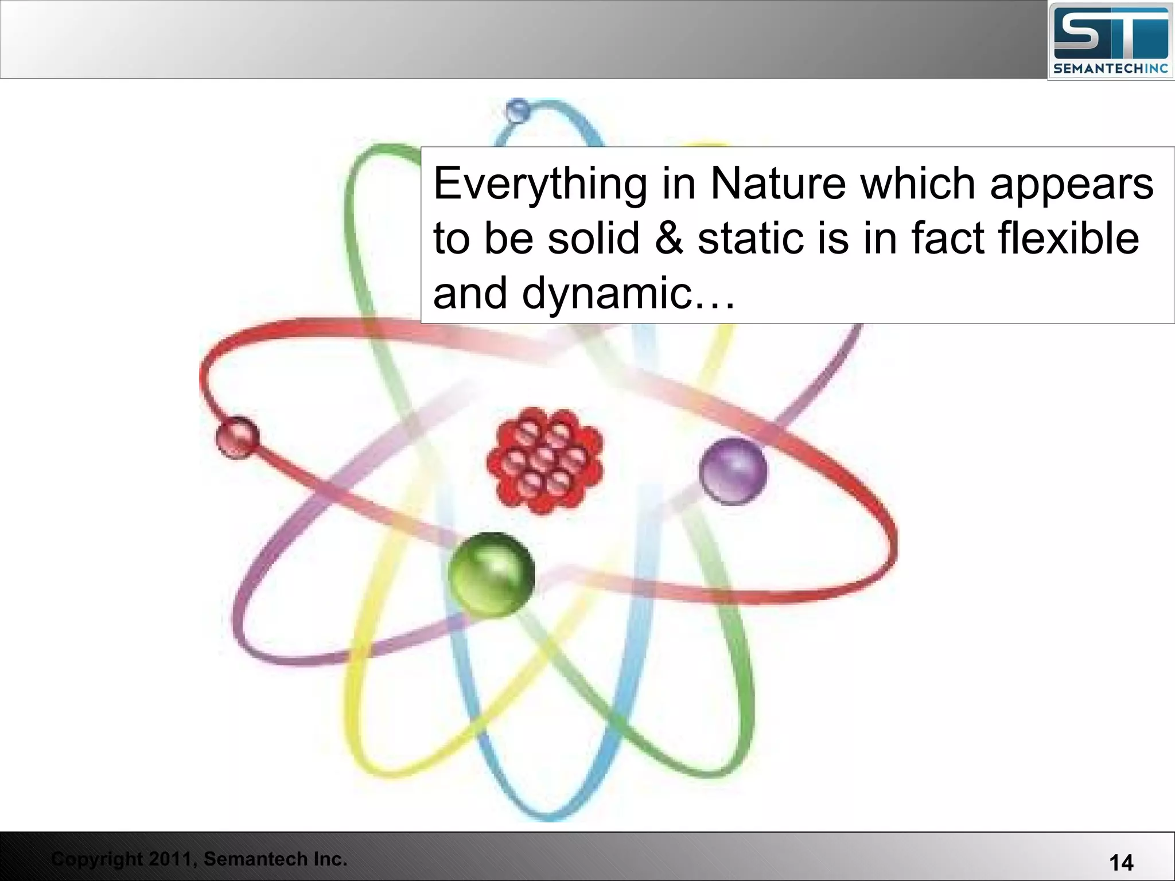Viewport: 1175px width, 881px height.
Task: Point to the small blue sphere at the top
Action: [x=518, y=110]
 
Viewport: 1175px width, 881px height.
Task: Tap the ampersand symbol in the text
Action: [x=669, y=238]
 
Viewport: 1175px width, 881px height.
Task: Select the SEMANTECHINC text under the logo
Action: [x=1111, y=69]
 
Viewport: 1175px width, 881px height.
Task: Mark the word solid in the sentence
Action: [x=593, y=238]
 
